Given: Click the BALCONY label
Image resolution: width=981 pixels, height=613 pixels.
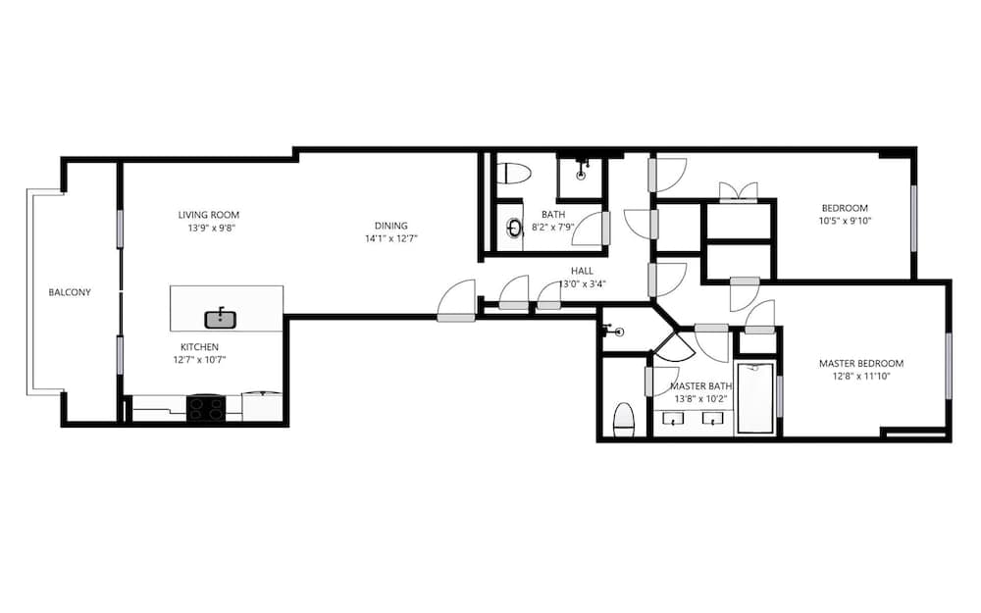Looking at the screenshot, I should (70, 292).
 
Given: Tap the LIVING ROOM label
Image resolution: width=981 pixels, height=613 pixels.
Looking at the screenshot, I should (208, 215).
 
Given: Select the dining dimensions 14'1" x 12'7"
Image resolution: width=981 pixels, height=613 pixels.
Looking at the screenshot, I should (390, 237).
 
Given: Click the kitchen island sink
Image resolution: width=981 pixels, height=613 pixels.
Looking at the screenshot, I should (222, 318).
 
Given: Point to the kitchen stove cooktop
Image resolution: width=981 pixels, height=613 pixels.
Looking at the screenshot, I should (206, 408).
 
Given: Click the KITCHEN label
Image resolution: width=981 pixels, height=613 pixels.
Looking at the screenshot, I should (199, 347).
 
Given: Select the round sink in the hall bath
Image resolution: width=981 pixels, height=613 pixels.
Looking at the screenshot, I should (514, 228).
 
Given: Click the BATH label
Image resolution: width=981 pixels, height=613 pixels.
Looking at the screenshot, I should (552, 215).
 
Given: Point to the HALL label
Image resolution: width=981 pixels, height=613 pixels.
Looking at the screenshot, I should (582, 272).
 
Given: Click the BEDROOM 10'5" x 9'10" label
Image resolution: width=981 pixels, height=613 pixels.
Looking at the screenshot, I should (845, 208).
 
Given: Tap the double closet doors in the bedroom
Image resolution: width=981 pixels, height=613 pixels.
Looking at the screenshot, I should (738, 191).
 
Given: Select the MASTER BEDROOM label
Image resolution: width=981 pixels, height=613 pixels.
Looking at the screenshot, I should (860, 364).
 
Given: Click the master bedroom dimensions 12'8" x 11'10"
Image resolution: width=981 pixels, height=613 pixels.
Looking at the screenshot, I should (860, 377).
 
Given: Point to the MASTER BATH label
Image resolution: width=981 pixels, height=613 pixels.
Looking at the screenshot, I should (701, 386).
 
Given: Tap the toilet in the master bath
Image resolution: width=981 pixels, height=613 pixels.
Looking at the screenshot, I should (624, 419).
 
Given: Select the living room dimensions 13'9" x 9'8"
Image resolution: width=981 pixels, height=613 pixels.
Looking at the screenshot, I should (208, 228).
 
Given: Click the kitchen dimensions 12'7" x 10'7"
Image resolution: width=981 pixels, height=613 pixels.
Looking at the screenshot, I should (199, 360).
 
